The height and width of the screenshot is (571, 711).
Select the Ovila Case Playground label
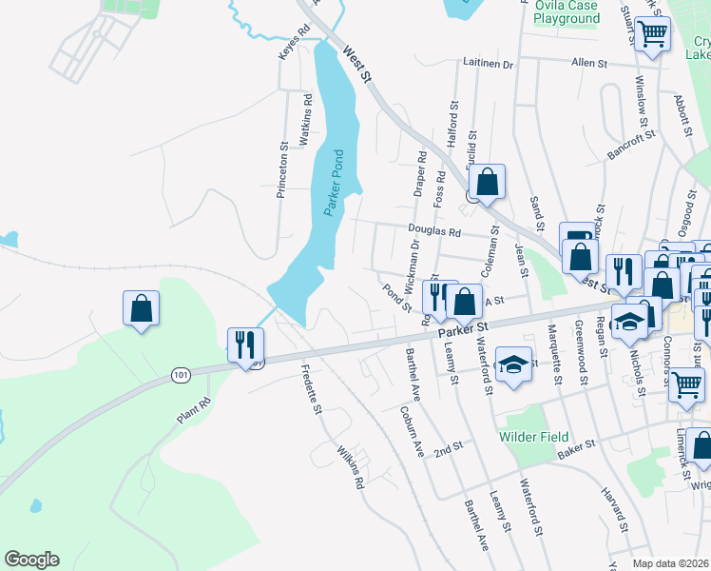point(567,11)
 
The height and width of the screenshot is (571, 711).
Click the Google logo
point(31,560)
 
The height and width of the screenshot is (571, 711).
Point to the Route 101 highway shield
point(181,375)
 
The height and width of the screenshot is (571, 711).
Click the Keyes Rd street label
point(293,44)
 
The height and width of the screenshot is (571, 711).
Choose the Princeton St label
point(281,170)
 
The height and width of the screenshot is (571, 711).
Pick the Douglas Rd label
point(434,230)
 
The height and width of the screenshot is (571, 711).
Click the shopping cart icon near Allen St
point(653,34)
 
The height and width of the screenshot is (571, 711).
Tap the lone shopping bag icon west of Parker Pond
point(141,308)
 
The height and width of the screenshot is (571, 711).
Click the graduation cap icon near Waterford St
point(513,365)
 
